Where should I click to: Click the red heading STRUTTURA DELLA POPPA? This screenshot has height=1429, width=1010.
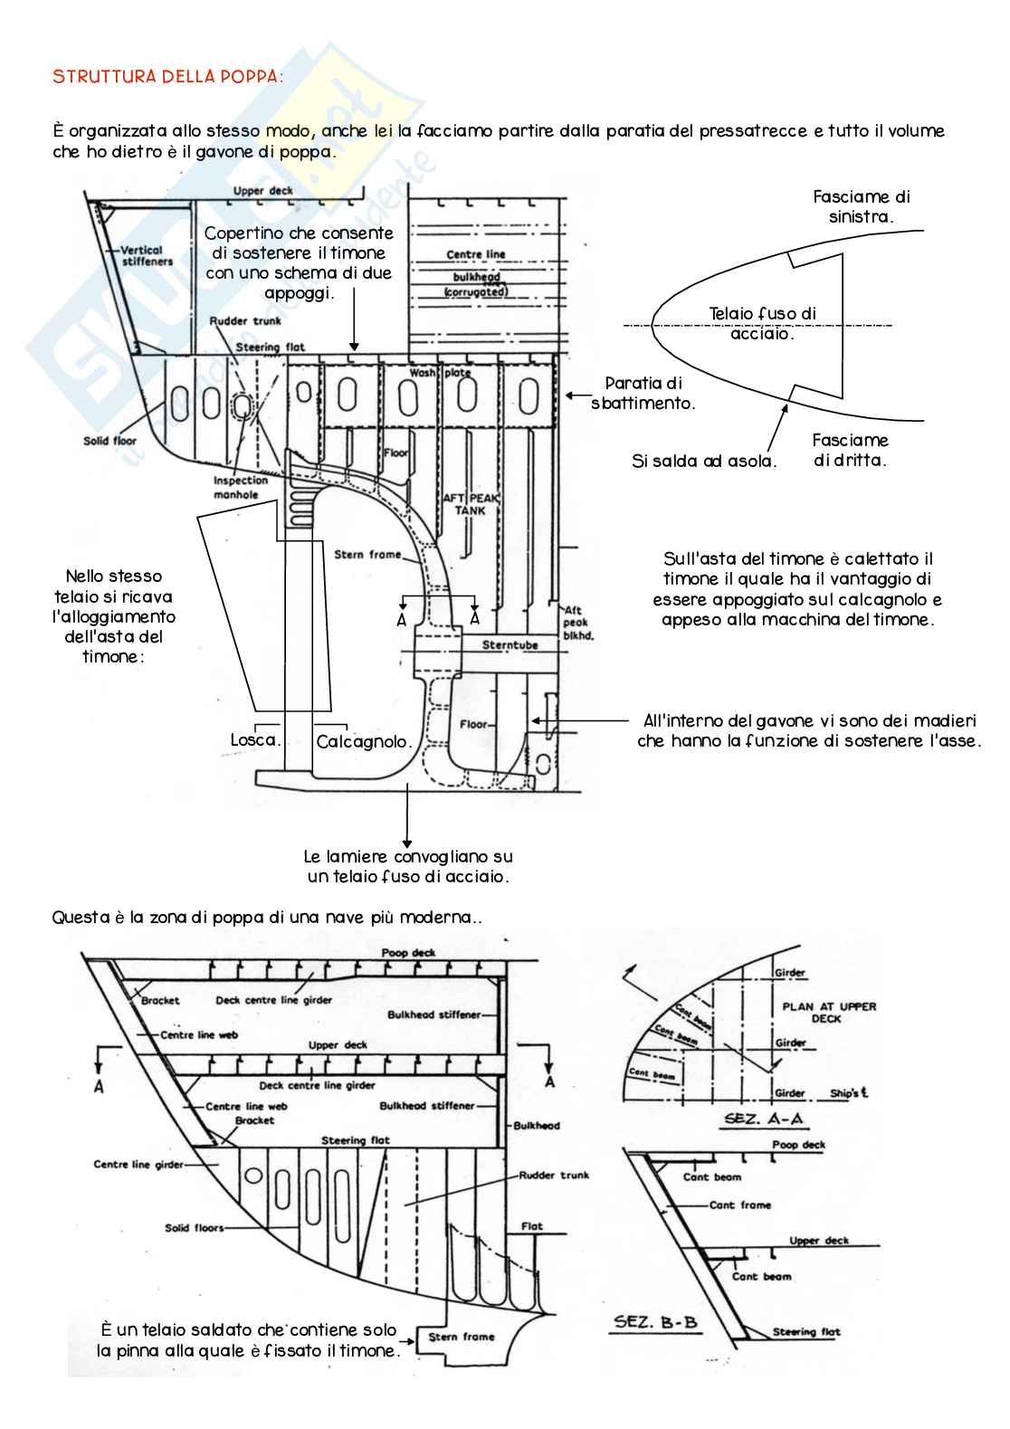click(x=167, y=76)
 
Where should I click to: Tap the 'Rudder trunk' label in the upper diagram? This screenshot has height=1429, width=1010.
click(x=244, y=321)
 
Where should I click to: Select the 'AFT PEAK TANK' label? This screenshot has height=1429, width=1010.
click(x=470, y=504)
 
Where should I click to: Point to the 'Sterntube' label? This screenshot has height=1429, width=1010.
click(x=510, y=645)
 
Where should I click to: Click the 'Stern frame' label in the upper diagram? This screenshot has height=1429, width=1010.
click(x=367, y=555)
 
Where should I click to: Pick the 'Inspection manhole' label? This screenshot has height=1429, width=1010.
click(x=240, y=488)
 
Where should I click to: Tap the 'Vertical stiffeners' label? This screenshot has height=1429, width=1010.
click(x=147, y=255)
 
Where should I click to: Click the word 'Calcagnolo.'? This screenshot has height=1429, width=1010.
click(x=364, y=742)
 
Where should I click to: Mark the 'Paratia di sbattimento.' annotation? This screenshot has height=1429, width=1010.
click(x=643, y=394)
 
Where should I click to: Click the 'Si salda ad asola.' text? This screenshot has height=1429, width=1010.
click(x=704, y=462)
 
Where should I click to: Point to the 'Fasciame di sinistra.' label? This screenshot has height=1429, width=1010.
click(x=861, y=206)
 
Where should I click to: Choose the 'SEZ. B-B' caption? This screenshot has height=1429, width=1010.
click(x=656, y=1322)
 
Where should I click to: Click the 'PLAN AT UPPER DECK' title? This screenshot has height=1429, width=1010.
click(x=828, y=1012)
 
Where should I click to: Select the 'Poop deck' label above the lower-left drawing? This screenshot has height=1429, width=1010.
click(x=408, y=953)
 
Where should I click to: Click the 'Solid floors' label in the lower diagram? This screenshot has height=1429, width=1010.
click(x=194, y=1228)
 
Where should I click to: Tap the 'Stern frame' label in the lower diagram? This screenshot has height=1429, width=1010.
click(x=462, y=1337)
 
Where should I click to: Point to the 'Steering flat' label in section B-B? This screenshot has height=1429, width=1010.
click(x=805, y=1331)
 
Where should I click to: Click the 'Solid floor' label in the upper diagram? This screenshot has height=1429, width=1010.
click(x=110, y=441)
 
